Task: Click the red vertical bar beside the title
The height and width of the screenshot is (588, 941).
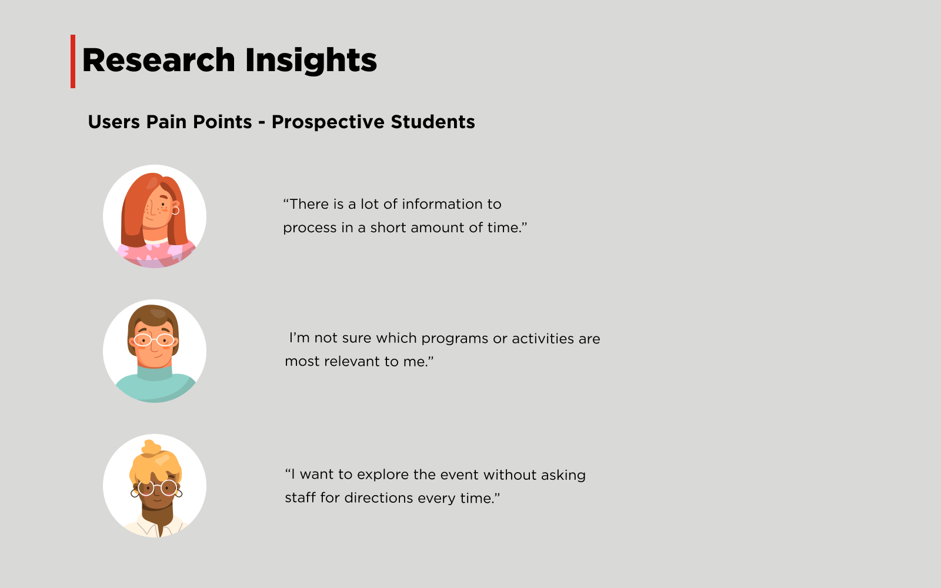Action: point(73,61)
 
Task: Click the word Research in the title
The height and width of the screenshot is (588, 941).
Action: point(159,60)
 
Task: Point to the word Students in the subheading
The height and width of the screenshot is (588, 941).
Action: point(433,122)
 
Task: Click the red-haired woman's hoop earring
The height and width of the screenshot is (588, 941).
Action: point(175,210)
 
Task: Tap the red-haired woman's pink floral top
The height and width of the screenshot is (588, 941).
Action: point(155,254)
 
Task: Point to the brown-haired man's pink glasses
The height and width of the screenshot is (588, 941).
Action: point(154,339)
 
